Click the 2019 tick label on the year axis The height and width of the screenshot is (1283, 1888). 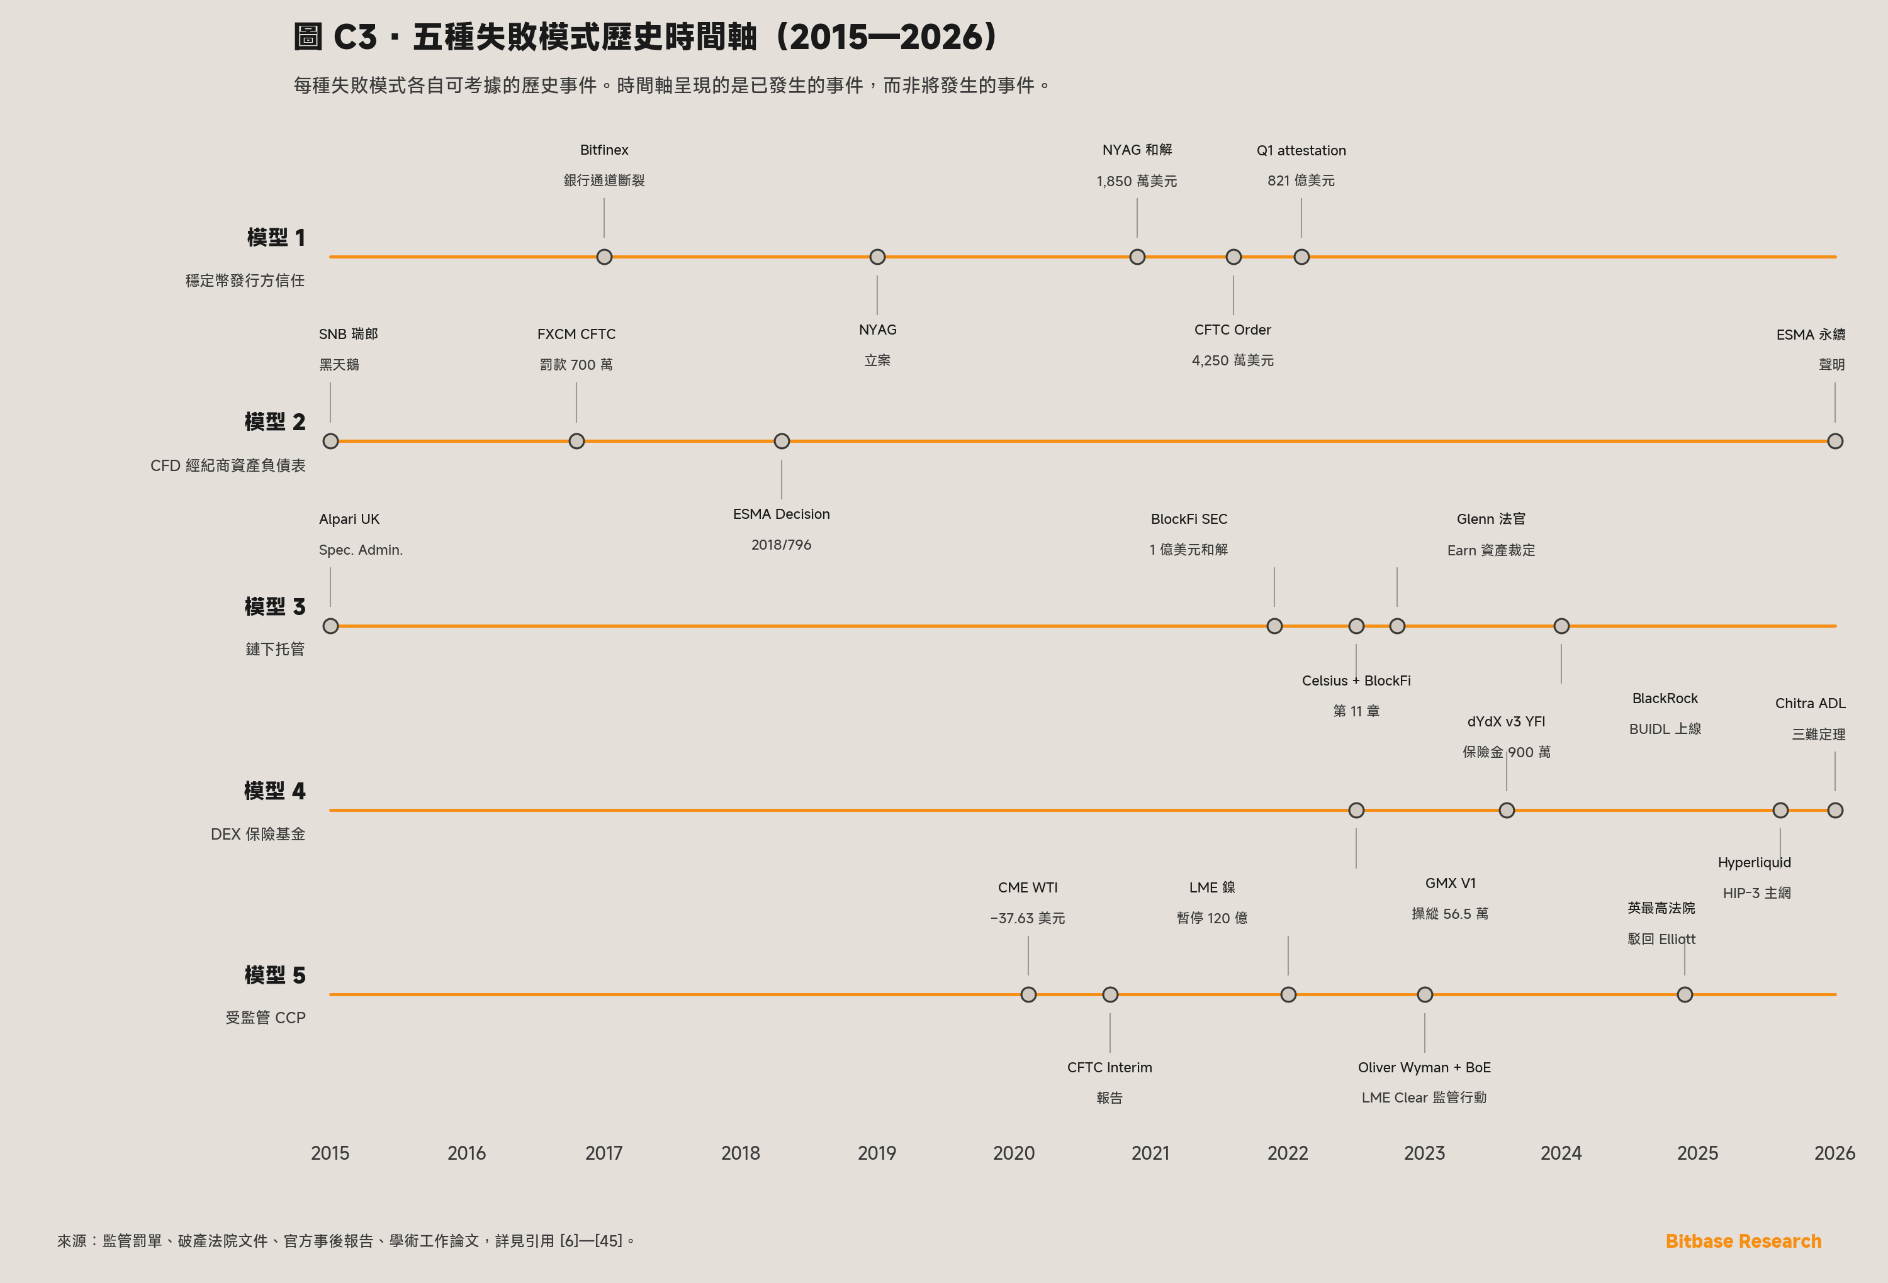877,1152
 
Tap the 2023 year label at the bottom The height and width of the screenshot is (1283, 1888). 1424,1152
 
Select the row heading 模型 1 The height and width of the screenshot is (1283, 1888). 276,237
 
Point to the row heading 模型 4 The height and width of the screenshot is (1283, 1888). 274,791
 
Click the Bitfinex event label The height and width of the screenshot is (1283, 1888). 604,150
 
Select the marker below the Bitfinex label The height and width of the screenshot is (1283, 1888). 604,257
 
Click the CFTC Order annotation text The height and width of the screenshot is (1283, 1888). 1232,330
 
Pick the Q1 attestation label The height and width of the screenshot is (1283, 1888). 1301,150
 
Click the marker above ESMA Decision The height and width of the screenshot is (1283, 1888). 782,441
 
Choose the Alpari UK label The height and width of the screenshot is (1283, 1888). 349,519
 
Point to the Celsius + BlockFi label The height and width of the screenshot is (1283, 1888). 1356,680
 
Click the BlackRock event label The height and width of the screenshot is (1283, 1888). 1665,698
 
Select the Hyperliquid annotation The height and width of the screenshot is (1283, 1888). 1754,862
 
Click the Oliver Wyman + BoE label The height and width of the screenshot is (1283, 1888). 1424,1067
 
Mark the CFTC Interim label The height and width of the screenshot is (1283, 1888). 1110,1067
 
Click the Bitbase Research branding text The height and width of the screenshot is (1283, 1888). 1743,1241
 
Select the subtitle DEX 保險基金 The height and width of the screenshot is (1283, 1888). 257,834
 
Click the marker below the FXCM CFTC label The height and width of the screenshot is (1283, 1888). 576,441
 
